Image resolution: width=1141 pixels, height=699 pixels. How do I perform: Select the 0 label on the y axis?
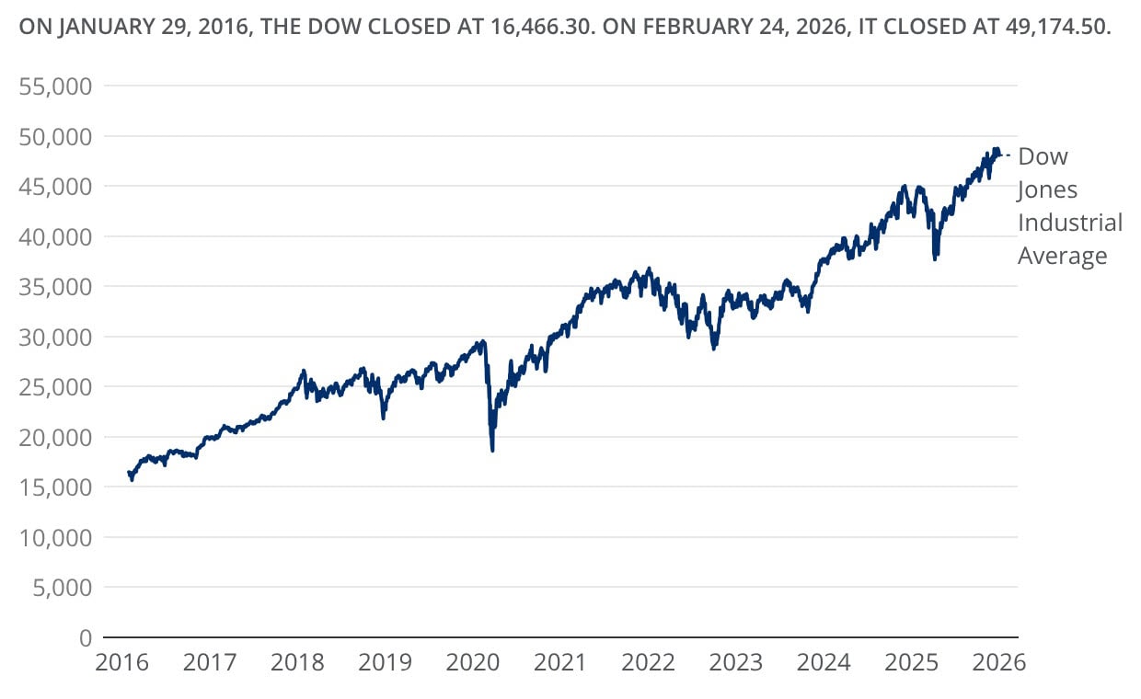coord(85,637)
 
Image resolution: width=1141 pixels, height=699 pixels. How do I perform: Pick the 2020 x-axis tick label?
coord(473,662)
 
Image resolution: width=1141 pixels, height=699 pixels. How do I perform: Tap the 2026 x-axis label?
coord(999,662)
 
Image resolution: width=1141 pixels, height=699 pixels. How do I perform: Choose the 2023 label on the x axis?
coord(736,662)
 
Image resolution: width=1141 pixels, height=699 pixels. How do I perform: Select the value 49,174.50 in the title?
coord(1058,28)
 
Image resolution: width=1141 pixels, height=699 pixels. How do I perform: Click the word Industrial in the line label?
coord(1070,223)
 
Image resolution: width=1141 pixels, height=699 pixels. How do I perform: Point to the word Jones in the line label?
coord(1047,189)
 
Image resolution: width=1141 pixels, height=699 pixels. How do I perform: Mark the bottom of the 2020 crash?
coord(492,450)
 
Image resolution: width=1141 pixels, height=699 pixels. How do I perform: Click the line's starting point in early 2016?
coord(128,472)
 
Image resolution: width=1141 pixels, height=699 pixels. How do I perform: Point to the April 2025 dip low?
coord(935,259)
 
